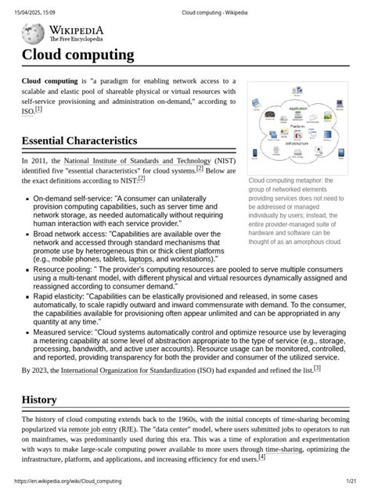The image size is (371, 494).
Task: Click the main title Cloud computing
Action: coord(77,55)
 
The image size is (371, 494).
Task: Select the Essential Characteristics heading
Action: coord(79,141)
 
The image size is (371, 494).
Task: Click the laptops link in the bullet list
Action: coord(141,259)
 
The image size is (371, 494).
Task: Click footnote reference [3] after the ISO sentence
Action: coord(317,368)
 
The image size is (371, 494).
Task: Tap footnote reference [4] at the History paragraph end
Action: coord(262,458)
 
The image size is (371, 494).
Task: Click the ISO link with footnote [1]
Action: coord(27,113)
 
